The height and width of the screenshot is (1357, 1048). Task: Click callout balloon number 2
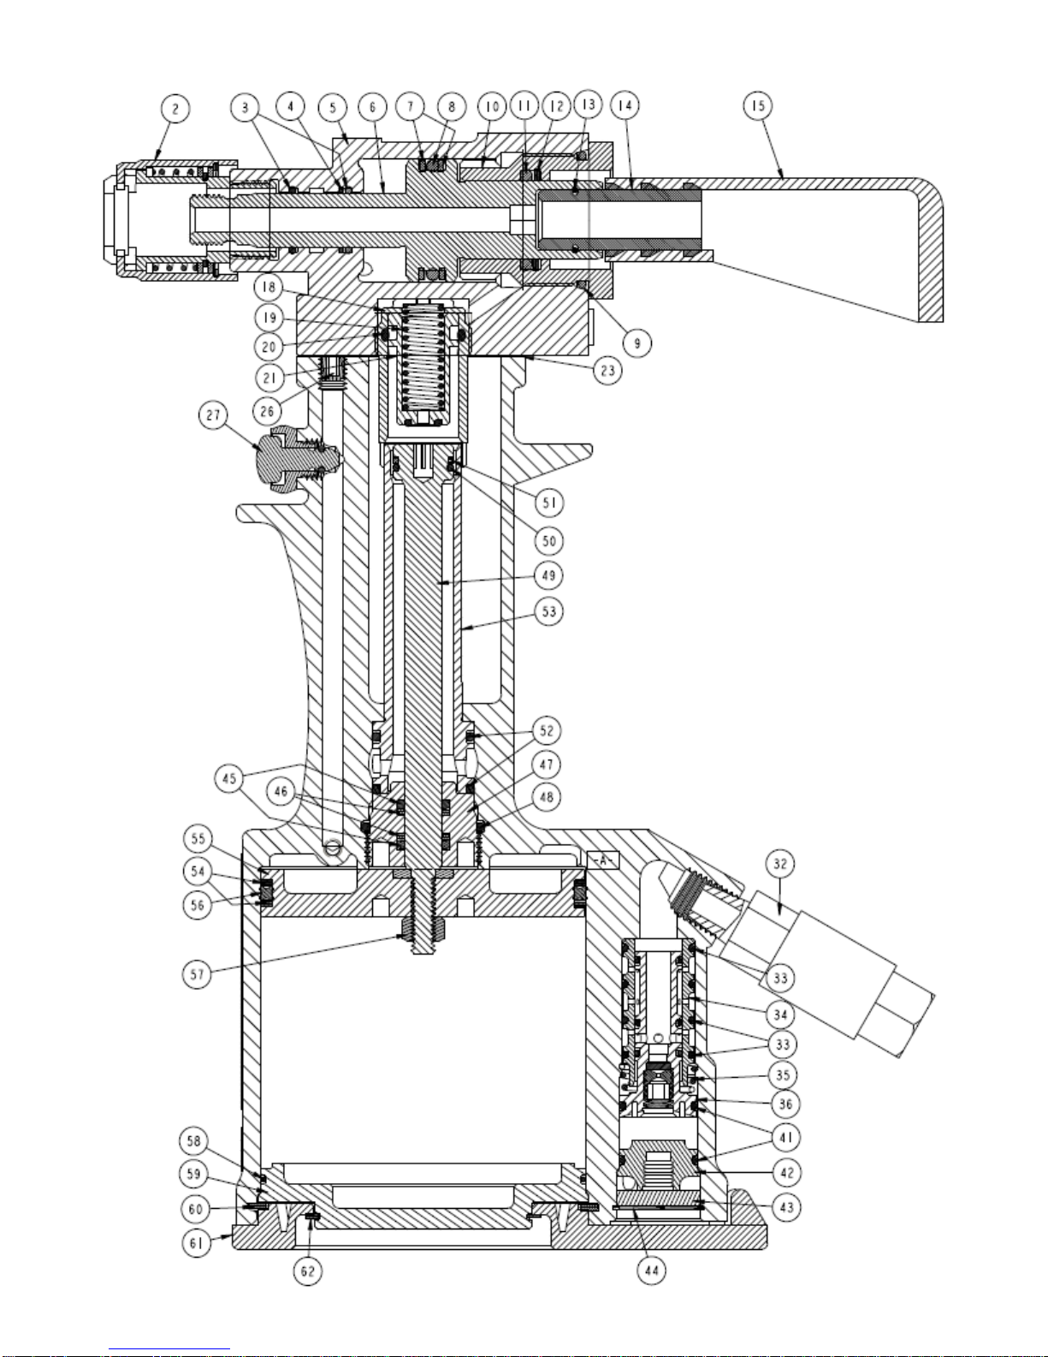click(175, 109)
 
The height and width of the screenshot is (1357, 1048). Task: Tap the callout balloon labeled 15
click(758, 105)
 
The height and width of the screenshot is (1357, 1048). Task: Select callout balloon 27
click(213, 415)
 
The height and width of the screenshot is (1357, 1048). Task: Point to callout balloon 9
click(636, 342)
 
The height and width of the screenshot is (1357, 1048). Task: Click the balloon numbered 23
click(607, 371)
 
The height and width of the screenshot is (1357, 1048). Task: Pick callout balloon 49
click(548, 575)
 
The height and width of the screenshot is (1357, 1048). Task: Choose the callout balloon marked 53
click(549, 611)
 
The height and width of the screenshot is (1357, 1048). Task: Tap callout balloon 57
click(197, 973)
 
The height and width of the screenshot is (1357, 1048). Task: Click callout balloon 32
click(780, 864)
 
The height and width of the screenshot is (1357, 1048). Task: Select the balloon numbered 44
click(652, 1271)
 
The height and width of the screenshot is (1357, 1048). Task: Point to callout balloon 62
click(308, 1271)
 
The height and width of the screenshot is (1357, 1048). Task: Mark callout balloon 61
click(197, 1242)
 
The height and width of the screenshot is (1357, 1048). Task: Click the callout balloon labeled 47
click(547, 765)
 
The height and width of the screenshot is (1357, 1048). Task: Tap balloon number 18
click(269, 288)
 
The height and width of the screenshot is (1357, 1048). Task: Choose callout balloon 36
click(785, 1104)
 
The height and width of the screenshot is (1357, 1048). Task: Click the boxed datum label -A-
click(603, 860)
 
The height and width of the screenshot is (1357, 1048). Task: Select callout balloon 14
click(625, 105)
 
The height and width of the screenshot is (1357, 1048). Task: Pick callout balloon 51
click(549, 503)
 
